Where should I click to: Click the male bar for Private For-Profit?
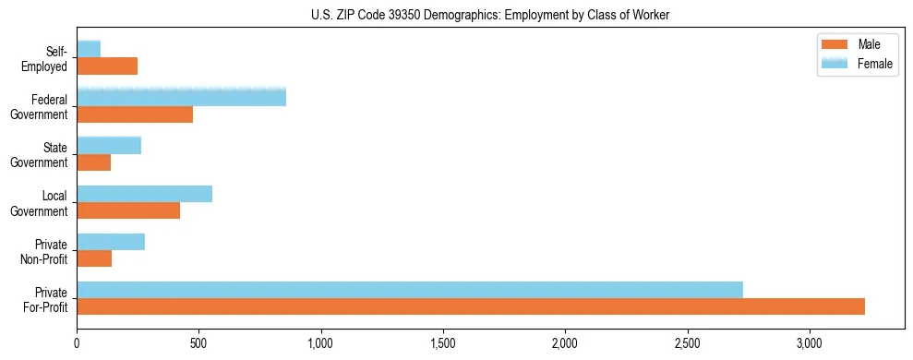pos(471,306)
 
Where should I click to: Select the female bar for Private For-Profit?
pos(410,290)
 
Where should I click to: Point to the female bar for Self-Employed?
pos(89,49)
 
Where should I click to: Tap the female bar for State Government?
pos(109,145)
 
